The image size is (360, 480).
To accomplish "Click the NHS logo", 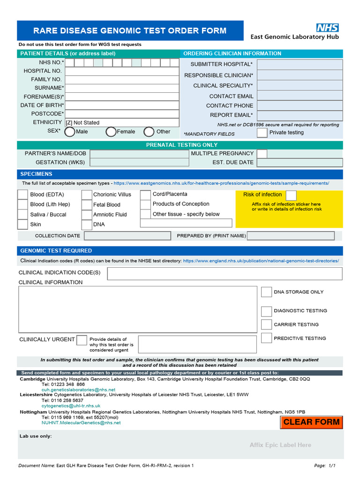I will click(x=327, y=28).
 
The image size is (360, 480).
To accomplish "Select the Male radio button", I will click(x=69, y=132).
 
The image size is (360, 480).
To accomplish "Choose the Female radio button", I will click(x=111, y=132).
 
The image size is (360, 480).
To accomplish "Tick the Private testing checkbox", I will click(x=262, y=133).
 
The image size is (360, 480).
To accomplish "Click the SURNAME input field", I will click(x=122, y=88).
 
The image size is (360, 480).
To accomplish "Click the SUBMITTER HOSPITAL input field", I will click(x=300, y=64).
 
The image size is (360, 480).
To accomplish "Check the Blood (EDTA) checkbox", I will click(x=23, y=195).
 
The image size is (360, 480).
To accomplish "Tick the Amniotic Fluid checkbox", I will click(x=87, y=215).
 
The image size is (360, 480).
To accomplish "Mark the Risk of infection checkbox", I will click(x=291, y=195).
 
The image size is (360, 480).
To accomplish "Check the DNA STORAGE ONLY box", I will click(x=266, y=292).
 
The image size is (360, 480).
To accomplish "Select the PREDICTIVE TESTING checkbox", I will click(x=266, y=338).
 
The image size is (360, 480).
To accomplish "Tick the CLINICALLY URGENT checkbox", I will click(x=82, y=340).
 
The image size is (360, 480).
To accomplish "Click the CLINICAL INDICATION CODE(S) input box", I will click(x=225, y=273).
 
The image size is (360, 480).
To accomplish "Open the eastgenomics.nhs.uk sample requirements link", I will click(x=221, y=183).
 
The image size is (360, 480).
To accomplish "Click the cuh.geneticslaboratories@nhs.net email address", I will click(x=78, y=390).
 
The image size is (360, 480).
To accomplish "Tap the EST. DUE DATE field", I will click(x=300, y=163).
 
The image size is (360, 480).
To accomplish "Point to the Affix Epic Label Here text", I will click(x=280, y=445).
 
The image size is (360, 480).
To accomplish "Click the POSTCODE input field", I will click(x=122, y=114).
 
